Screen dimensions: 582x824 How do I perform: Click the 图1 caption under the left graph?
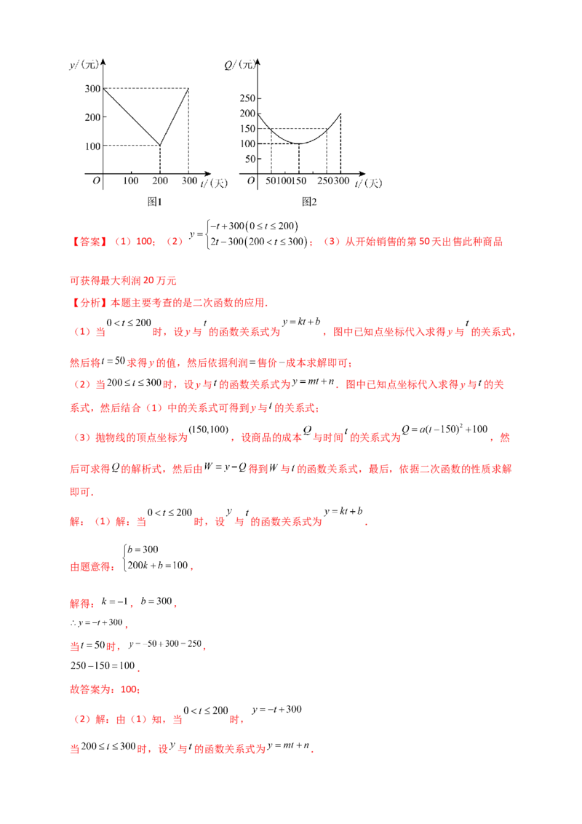click(x=154, y=202)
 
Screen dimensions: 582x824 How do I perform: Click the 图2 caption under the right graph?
click(x=309, y=202)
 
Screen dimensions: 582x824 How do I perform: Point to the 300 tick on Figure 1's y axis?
click(x=93, y=89)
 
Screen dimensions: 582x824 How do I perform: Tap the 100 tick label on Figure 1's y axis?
click(x=93, y=146)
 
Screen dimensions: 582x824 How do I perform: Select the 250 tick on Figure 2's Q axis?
click(x=247, y=98)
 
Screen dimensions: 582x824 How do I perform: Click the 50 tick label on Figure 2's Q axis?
click(x=250, y=159)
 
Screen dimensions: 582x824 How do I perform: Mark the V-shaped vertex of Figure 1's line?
click(x=160, y=145)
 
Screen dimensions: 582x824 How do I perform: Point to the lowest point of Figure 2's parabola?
click(x=299, y=143)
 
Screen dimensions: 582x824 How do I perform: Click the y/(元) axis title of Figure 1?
click(x=84, y=65)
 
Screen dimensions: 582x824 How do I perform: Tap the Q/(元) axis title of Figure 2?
click(x=239, y=65)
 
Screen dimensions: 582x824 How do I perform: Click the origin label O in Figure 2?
click(x=251, y=181)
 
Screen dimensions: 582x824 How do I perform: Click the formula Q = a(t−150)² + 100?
click(x=445, y=429)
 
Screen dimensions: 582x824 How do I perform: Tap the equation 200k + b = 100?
click(x=158, y=566)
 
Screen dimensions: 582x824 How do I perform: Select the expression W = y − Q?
click(x=225, y=467)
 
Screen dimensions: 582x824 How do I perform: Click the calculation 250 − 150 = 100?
click(x=103, y=666)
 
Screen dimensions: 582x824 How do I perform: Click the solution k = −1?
click(x=114, y=601)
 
